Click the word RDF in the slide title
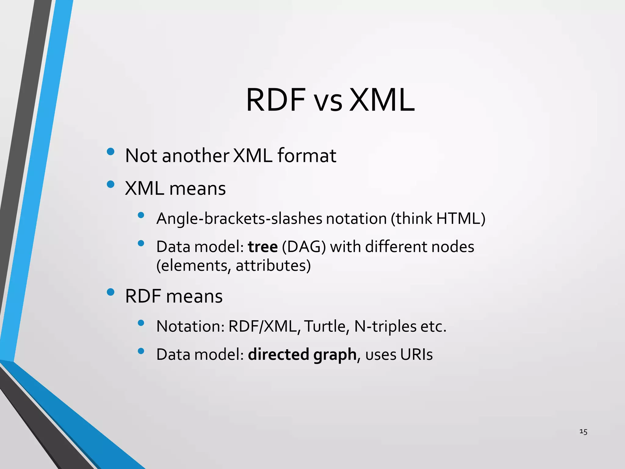coord(276,100)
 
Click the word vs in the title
coord(328,102)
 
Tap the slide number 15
coord(583,431)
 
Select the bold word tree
coord(263,247)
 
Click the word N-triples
coord(385,326)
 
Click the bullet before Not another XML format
coord(110,151)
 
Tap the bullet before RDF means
coord(110,292)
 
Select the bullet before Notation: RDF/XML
coord(141,323)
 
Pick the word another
coord(195,156)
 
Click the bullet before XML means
coord(110,184)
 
